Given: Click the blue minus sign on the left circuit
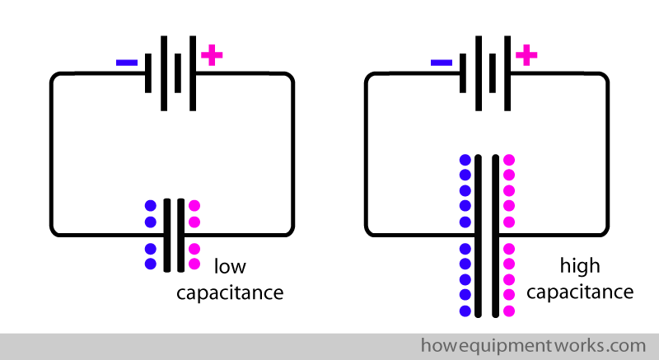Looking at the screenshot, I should point(127,62).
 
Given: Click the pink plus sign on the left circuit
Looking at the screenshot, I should point(212,56).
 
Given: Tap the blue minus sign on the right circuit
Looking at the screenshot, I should point(442,62).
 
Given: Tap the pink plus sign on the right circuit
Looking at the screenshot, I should point(526,56).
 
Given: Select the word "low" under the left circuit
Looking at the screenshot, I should point(230,267).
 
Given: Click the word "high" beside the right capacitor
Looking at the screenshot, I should point(580,267).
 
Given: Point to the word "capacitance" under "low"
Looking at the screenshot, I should point(230,292).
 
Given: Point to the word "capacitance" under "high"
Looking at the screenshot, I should point(580,292).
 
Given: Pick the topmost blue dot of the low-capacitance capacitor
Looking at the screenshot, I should point(151,205).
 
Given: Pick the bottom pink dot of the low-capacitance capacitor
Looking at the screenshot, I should point(194,264).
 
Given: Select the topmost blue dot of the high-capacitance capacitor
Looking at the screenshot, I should point(465,160).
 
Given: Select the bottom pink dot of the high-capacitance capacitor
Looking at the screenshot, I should point(509,311).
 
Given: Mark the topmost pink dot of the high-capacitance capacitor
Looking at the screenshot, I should point(509,160).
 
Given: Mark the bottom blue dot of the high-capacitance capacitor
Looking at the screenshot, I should point(465,311).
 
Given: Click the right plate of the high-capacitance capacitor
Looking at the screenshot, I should point(494,235).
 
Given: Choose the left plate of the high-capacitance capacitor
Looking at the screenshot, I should point(479,235).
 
